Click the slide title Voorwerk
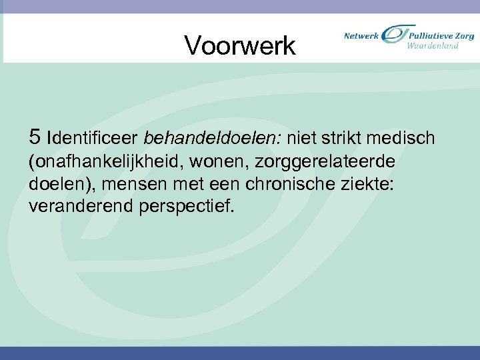coord(239,45)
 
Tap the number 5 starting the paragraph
coord(35,137)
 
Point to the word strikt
coord(345,138)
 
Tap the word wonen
coord(220,162)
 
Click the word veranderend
coord(81,207)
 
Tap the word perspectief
coord(187,207)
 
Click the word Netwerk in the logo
coord(361,35)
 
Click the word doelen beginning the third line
coord(54,184)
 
